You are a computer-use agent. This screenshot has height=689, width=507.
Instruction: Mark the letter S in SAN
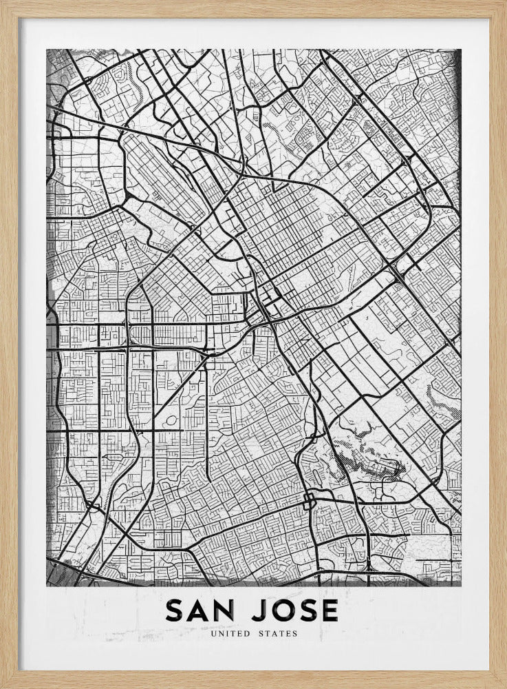175,610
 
